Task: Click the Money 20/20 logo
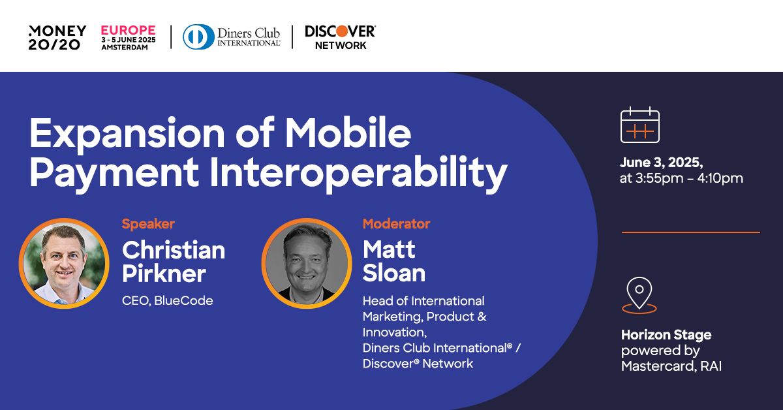click(57, 37)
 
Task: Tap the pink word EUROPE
click(128, 30)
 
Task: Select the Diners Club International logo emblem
click(196, 37)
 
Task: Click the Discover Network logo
click(340, 37)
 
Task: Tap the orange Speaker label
click(148, 224)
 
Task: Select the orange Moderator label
click(396, 224)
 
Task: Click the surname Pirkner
click(165, 273)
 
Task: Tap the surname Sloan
click(394, 273)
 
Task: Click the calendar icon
click(639, 125)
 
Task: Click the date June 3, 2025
click(661, 162)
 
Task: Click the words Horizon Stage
click(666, 335)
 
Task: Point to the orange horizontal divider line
click(690, 232)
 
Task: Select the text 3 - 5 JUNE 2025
click(128, 39)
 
